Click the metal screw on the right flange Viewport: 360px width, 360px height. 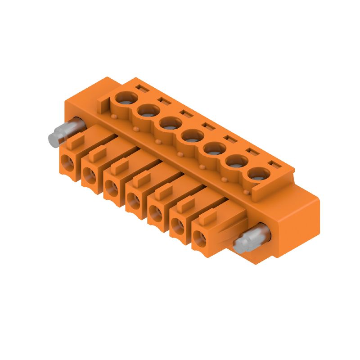(x=249, y=241)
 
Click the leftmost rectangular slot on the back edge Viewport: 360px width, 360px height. (x=143, y=88)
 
